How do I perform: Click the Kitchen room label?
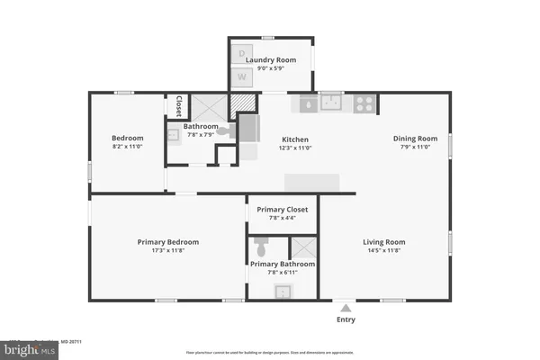pyautogui.click(x=295, y=139)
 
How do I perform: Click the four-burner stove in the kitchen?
pyautogui.click(x=364, y=103)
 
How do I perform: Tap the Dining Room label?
pyautogui.click(x=415, y=139)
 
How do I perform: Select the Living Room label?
pyautogui.click(x=384, y=242)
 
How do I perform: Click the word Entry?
pyautogui.click(x=346, y=319)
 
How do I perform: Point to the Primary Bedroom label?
pyautogui.click(x=168, y=242)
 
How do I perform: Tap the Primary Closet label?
pyautogui.click(x=282, y=210)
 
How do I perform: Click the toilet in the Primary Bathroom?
pyautogui.click(x=262, y=246)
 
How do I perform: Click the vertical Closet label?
pyautogui.click(x=178, y=106)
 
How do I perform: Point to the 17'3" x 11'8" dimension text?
pyautogui.click(x=168, y=251)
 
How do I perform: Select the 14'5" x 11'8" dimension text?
pyautogui.click(x=384, y=251)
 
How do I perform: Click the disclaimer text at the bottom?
pyautogui.click(x=269, y=352)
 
